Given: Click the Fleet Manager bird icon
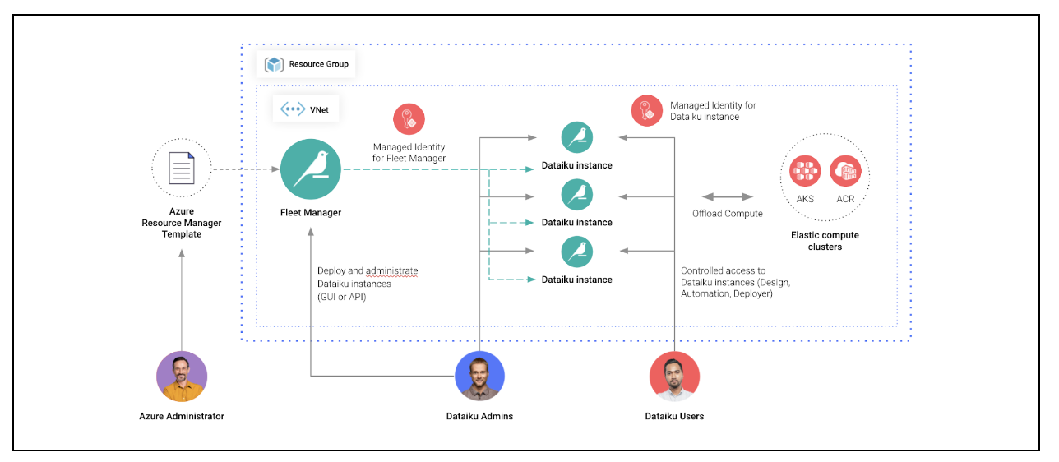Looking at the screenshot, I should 311,169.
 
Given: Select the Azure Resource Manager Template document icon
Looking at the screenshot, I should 181,169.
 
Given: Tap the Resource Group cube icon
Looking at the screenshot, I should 275,64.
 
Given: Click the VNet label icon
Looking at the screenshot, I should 293,109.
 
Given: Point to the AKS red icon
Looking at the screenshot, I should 805,171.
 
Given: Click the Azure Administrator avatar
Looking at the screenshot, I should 182,377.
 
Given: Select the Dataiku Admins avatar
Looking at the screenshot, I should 479,377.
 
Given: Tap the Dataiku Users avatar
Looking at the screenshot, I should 674,377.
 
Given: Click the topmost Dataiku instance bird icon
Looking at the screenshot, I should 577,137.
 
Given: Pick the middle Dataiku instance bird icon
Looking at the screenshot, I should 577,194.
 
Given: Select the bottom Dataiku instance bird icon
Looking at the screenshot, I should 577,252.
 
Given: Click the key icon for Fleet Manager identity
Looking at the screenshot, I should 409,119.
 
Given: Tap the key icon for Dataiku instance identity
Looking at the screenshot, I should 647,111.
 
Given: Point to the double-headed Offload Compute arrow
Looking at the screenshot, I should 728,196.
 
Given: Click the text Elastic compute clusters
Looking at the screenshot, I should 825,241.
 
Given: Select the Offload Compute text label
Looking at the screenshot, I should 728,214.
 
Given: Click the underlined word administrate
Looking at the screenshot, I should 391,270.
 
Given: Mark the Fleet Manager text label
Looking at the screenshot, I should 311,213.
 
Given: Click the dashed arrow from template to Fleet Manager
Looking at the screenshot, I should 245,169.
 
